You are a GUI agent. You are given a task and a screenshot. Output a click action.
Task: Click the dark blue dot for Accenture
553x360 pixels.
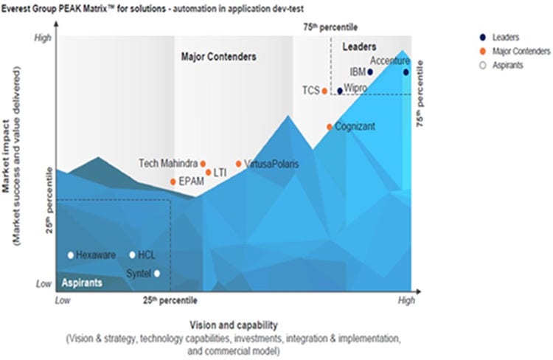point(406,72)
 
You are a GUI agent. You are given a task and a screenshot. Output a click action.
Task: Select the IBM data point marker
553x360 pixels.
point(370,72)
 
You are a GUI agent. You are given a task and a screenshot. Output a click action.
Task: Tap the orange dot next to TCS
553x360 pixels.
point(324,91)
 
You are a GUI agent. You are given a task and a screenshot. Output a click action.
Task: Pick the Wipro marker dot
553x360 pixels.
point(340,91)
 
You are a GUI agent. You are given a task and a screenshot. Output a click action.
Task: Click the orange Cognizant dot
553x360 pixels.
point(330,126)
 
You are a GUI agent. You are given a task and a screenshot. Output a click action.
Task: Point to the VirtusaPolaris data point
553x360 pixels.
point(238,164)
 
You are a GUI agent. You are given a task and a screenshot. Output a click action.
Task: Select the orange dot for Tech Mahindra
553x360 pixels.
point(203,164)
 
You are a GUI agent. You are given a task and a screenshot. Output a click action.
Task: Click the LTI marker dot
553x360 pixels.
point(209,173)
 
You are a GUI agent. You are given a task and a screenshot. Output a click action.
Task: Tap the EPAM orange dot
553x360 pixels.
point(173,181)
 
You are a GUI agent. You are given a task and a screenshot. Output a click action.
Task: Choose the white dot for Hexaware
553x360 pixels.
point(71,255)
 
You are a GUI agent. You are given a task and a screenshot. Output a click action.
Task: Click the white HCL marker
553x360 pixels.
point(132,255)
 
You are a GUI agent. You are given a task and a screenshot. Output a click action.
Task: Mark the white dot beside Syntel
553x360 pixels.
point(156,273)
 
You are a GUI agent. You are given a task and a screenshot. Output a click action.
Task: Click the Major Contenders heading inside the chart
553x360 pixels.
point(219,56)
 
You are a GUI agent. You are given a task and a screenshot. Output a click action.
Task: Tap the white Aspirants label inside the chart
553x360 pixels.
point(81,283)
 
